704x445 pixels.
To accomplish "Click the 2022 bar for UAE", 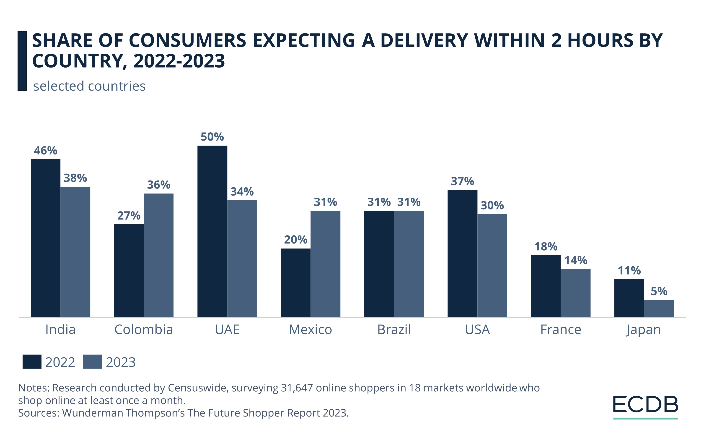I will pyautogui.click(x=212, y=231).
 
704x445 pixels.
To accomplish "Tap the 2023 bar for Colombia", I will pyautogui.click(x=158, y=255).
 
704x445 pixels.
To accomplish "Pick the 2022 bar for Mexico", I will pyautogui.click(x=295, y=282).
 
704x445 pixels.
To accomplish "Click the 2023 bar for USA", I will pyautogui.click(x=492, y=265).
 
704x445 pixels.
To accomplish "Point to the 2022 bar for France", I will pyautogui.click(x=546, y=286).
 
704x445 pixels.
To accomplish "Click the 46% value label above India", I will pyautogui.click(x=45, y=151).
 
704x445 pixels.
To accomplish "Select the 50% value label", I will pyautogui.click(x=212, y=137).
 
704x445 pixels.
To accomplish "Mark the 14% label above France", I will pyautogui.click(x=575, y=260).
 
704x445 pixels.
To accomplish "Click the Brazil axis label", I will pyautogui.click(x=394, y=330).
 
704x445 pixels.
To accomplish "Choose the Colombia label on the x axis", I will pyautogui.click(x=144, y=330).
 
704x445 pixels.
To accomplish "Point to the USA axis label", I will pyautogui.click(x=477, y=330).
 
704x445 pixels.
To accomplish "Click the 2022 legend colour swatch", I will pyautogui.click(x=32, y=362).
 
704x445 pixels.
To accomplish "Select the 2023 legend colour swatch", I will pyautogui.click(x=92, y=362).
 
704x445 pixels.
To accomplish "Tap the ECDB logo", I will pyautogui.click(x=645, y=406).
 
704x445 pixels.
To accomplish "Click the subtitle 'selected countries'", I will pyautogui.click(x=89, y=86).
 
